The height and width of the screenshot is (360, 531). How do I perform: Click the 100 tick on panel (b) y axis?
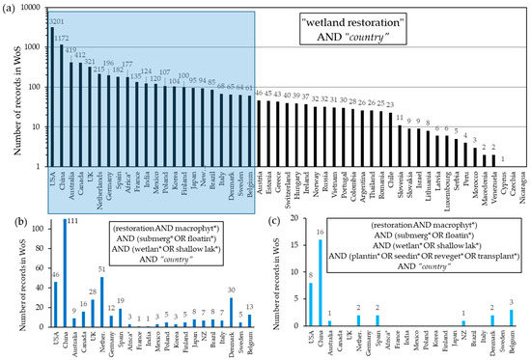(33, 230)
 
